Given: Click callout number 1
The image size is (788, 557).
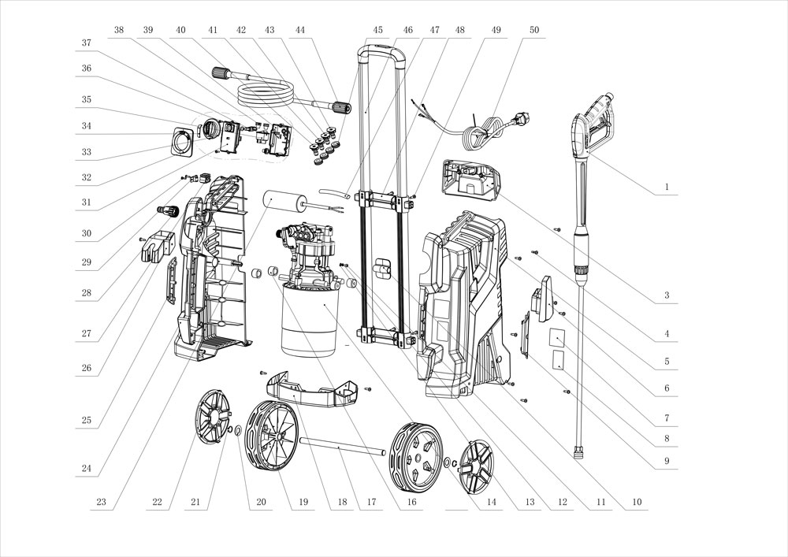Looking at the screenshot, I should [x=667, y=188].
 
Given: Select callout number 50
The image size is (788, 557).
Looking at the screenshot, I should [x=535, y=30].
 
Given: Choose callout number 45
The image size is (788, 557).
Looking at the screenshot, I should [x=378, y=30].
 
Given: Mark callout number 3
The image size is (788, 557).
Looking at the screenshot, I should [x=667, y=296].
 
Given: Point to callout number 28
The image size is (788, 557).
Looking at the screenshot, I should [x=86, y=294].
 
